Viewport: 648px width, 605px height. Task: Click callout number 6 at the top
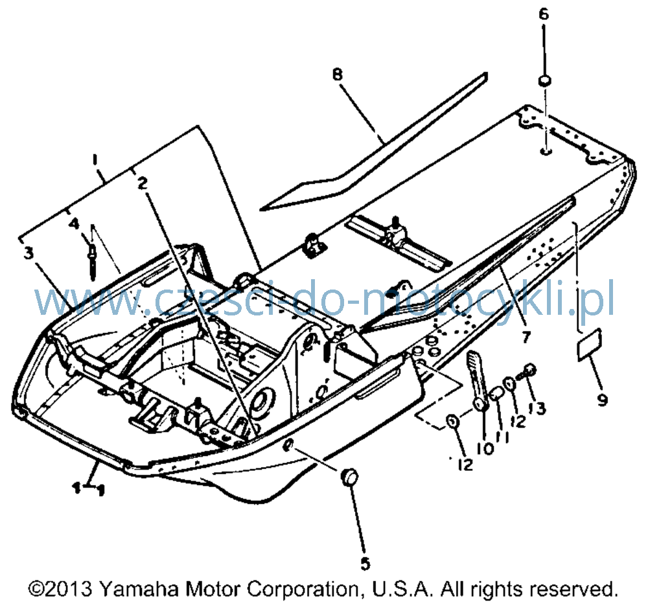[x=544, y=14]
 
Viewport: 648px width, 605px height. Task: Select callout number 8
[x=338, y=74]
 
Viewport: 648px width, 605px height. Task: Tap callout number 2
[x=142, y=183]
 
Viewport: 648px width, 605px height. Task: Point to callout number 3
[x=28, y=253]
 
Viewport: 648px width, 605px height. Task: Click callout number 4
[x=74, y=224]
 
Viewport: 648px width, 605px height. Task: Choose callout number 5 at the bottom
[x=365, y=564]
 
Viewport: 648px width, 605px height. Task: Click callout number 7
[x=526, y=337]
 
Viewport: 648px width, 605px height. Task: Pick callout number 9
[x=602, y=400]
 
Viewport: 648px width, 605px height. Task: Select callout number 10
[x=485, y=449]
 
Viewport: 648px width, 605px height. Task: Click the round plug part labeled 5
[x=349, y=477]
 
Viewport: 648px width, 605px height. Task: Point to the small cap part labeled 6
[x=544, y=80]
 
